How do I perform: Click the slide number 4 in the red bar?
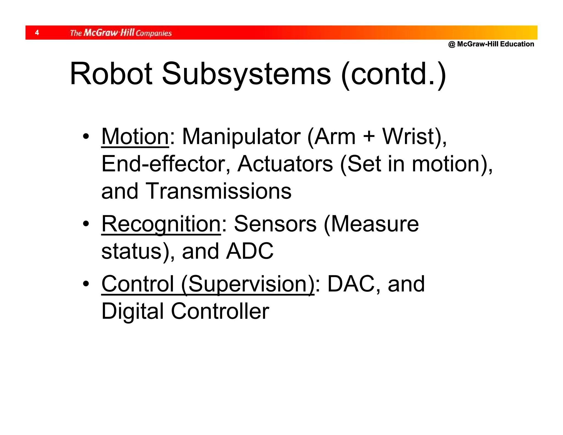pos(37,33)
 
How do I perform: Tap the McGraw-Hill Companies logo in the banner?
pos(121,33)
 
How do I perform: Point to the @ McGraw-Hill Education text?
pos(491,44)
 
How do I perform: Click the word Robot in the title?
pos(111,74)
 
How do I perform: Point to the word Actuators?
pos(285,164)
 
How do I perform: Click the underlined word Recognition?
pos(161,224)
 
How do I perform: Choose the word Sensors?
pos(275,224)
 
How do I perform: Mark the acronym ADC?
pos(250,251)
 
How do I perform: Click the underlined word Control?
pos(138,284)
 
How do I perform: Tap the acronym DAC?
pos(351,284)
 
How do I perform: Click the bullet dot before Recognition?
pos(86,224)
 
